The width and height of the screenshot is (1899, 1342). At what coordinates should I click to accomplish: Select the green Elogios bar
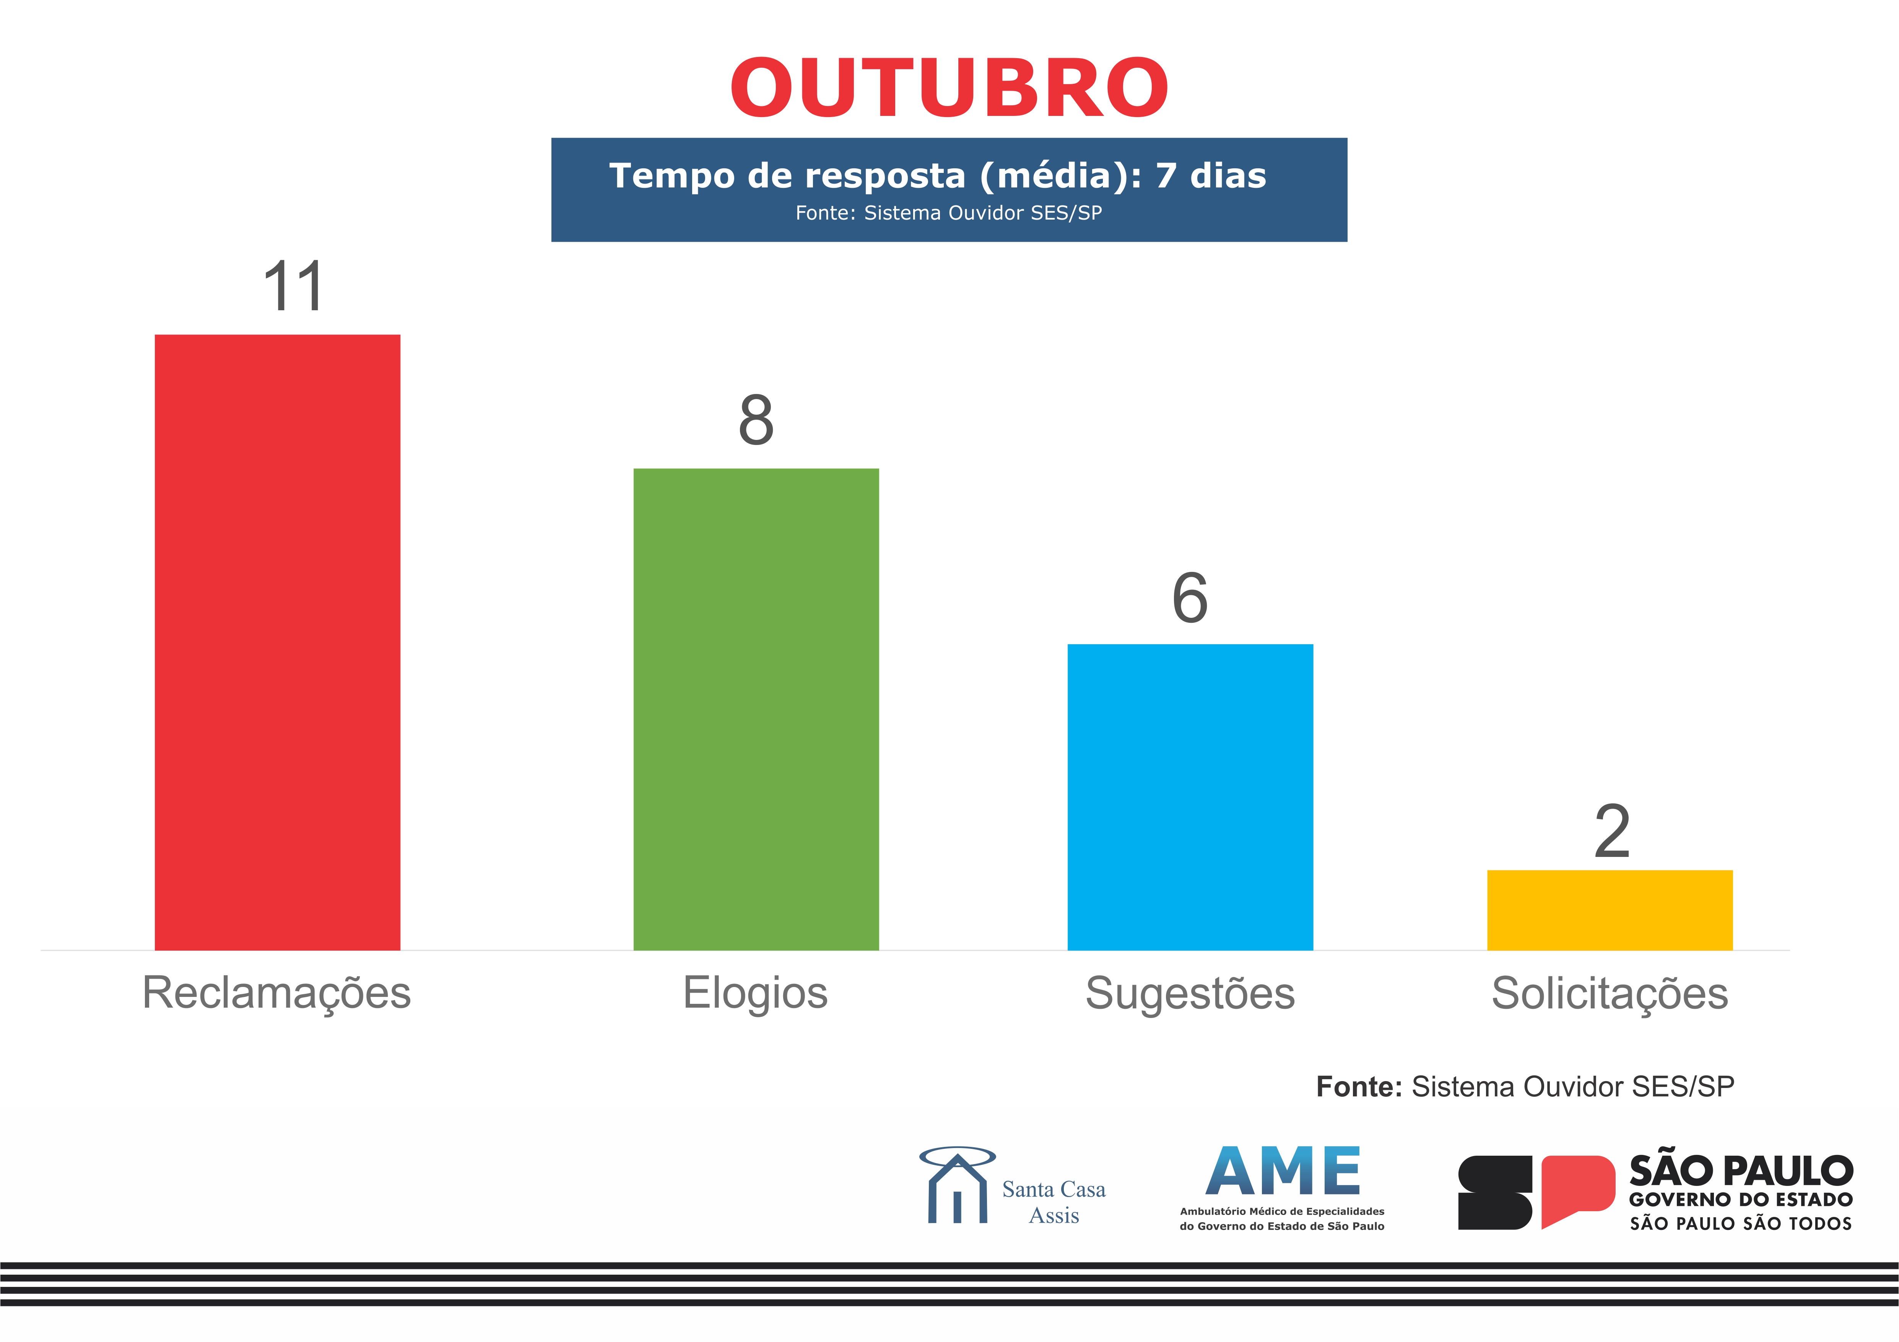tap(756, 709)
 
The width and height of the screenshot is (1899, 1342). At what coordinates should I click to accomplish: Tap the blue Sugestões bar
tap(1190, 797)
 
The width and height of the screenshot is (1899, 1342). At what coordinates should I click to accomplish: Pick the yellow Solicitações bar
tap(1610, 910)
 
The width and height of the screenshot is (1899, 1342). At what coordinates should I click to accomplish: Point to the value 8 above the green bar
tap(756, 420)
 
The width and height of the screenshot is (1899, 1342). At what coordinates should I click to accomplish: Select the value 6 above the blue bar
tap(1190, 598)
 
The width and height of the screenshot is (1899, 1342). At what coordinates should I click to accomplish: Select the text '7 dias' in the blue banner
tap(1211, 176)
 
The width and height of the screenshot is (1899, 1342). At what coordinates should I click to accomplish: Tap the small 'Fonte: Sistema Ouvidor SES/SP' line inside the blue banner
tap(949, 213)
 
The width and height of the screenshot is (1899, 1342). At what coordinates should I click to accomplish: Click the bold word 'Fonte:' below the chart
tap(1359, 1086)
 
